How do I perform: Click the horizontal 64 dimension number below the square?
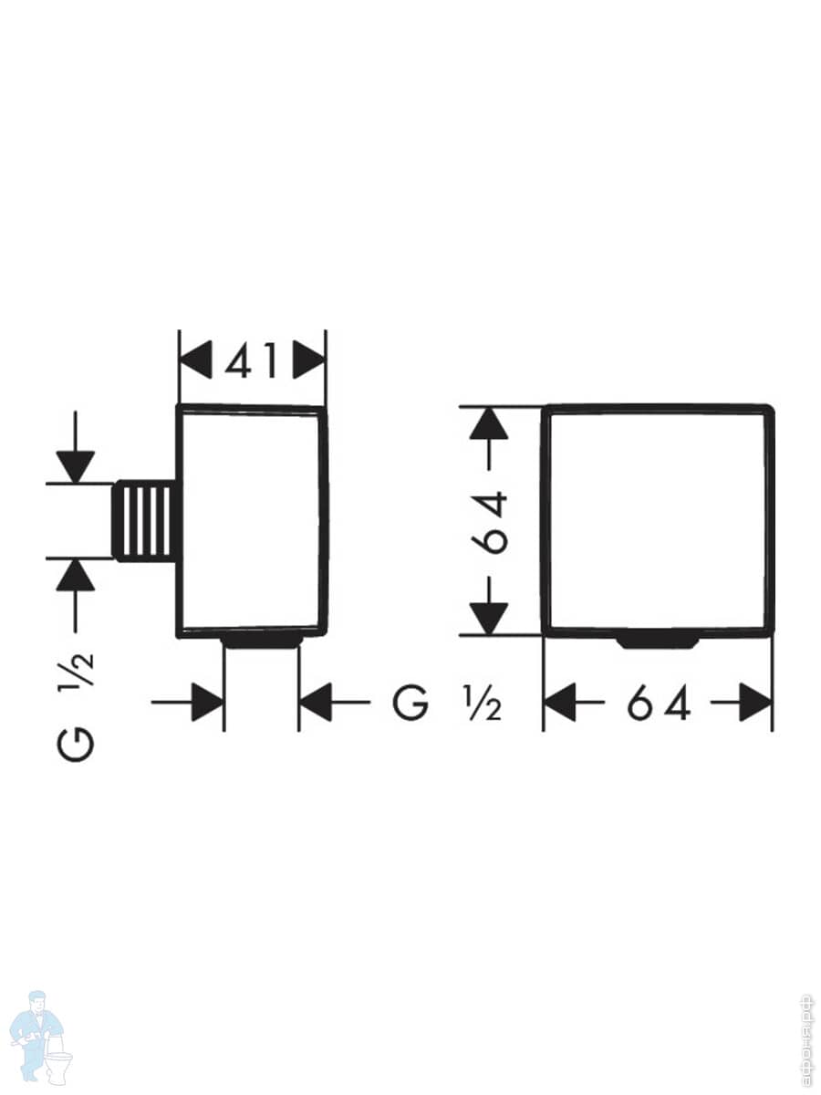(x=658, y=704)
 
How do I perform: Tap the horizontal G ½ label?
(x=446, y=704)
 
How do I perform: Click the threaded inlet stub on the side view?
(x=145, y=520)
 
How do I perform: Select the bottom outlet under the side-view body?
(x=262, y=641)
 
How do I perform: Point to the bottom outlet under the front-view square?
(x=658, y=641)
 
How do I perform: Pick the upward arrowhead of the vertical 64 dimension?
(x=492, y=424)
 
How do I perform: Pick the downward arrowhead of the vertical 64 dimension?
(x=492, y=617)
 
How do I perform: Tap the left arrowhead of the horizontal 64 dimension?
(x=560, y=704)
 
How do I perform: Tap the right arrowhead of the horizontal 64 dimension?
(x=756, y=704)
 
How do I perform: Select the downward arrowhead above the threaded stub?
(x=76, y=465)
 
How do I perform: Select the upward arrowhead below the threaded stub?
(x=76, y=576)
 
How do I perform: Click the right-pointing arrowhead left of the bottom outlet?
(x=207, y=703)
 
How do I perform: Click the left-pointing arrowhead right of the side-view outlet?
(x=316, y=703)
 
